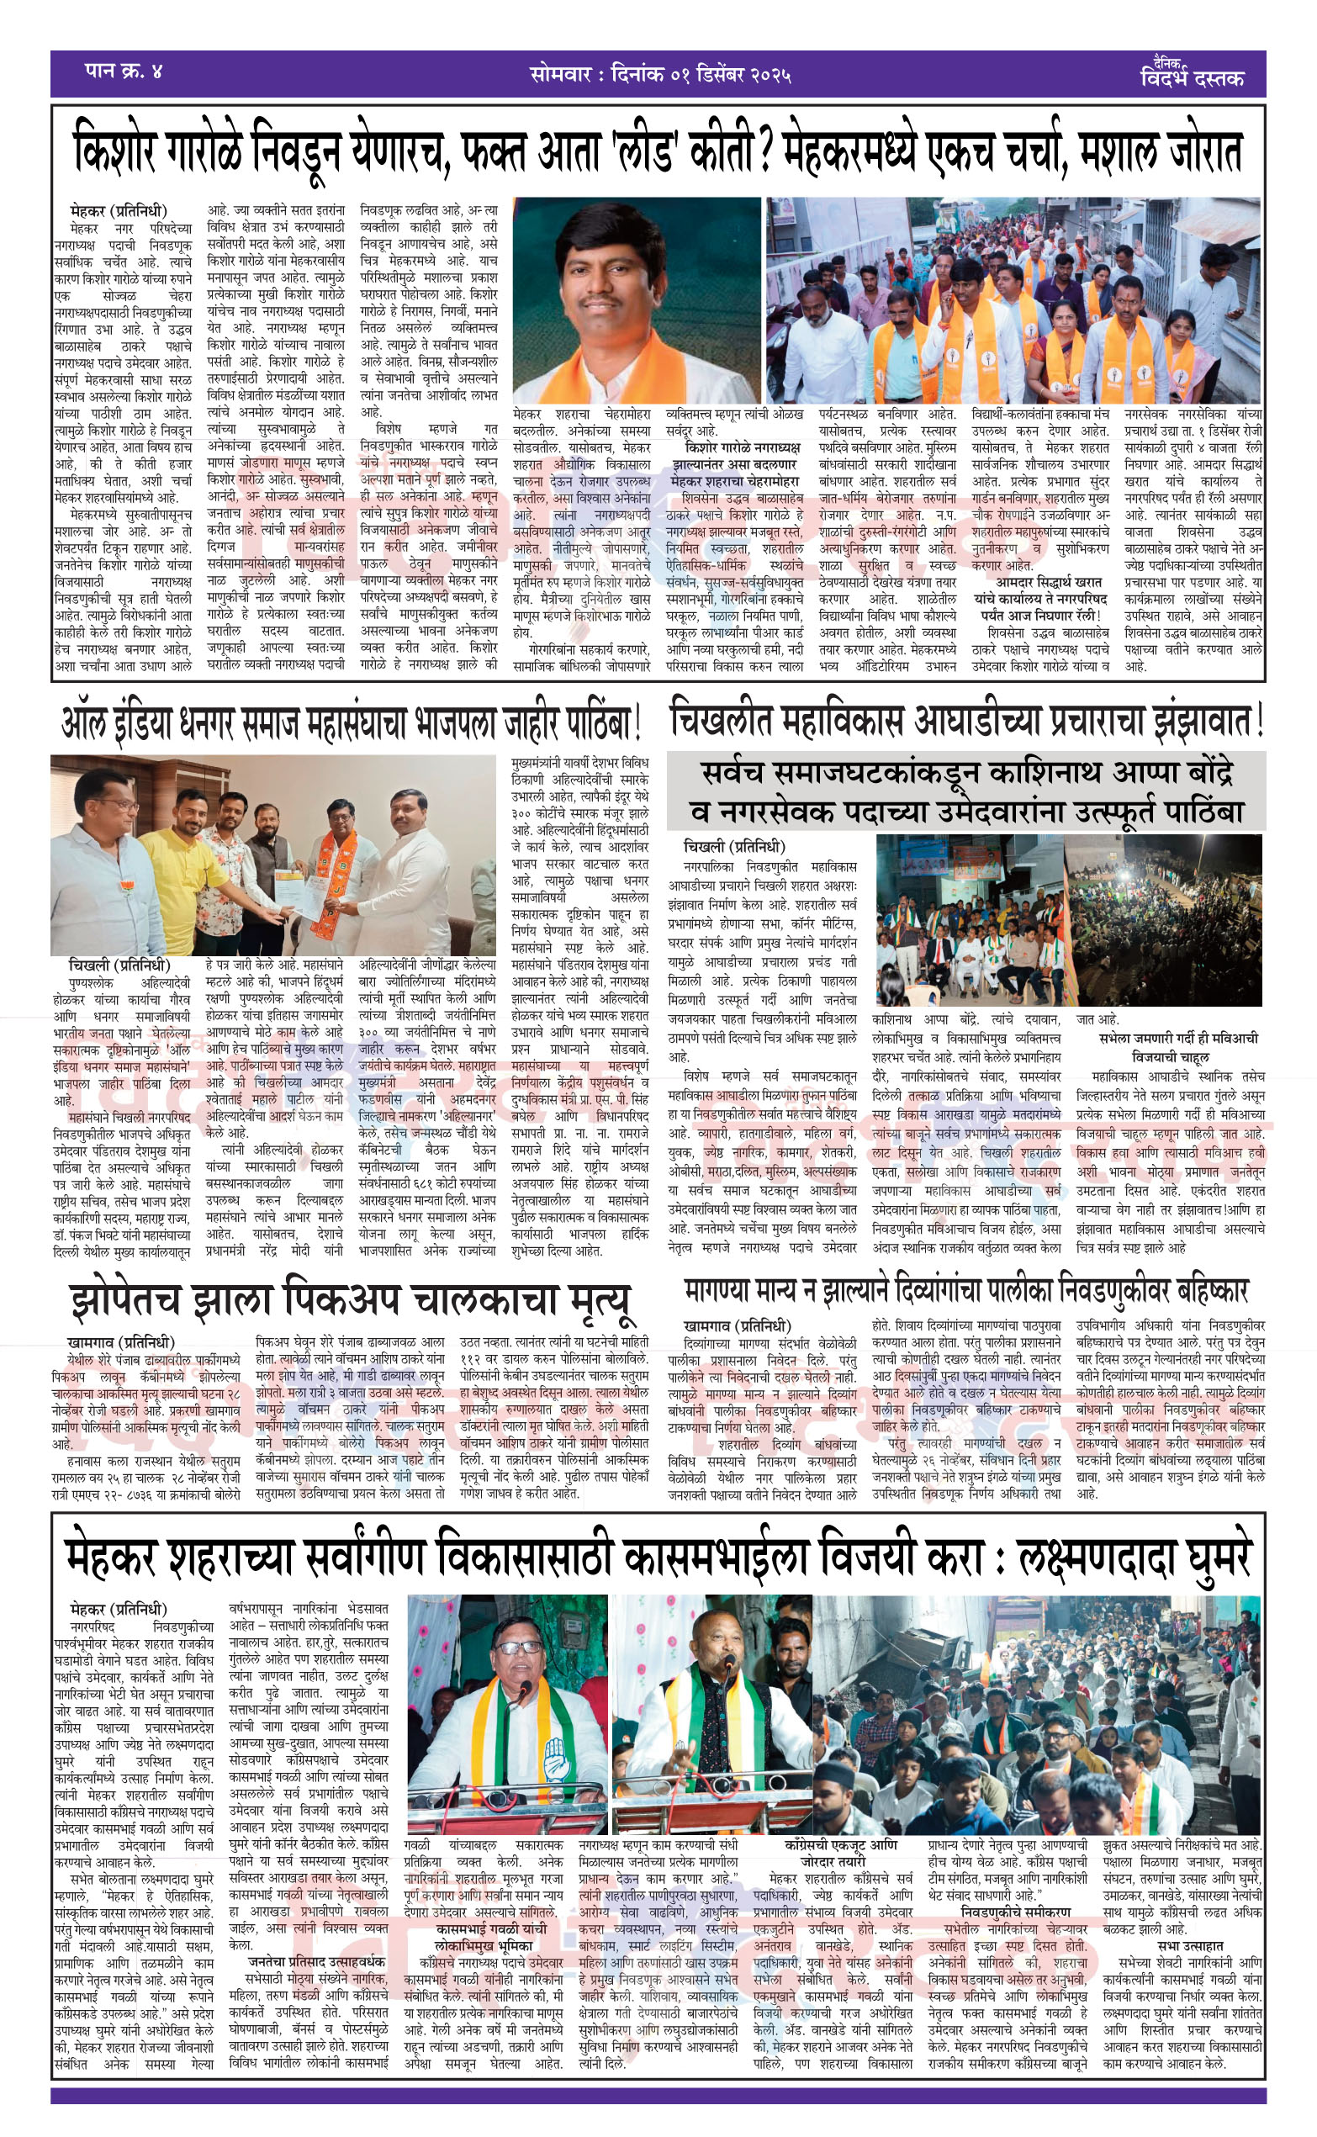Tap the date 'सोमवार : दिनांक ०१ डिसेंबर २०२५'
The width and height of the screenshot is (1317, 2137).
pos(659,74)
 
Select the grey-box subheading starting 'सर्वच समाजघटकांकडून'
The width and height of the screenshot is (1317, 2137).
pos(966,791)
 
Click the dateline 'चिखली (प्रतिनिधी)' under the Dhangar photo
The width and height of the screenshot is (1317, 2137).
pos(119,965)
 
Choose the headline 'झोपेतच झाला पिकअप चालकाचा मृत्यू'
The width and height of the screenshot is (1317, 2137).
pos(350,1300)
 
